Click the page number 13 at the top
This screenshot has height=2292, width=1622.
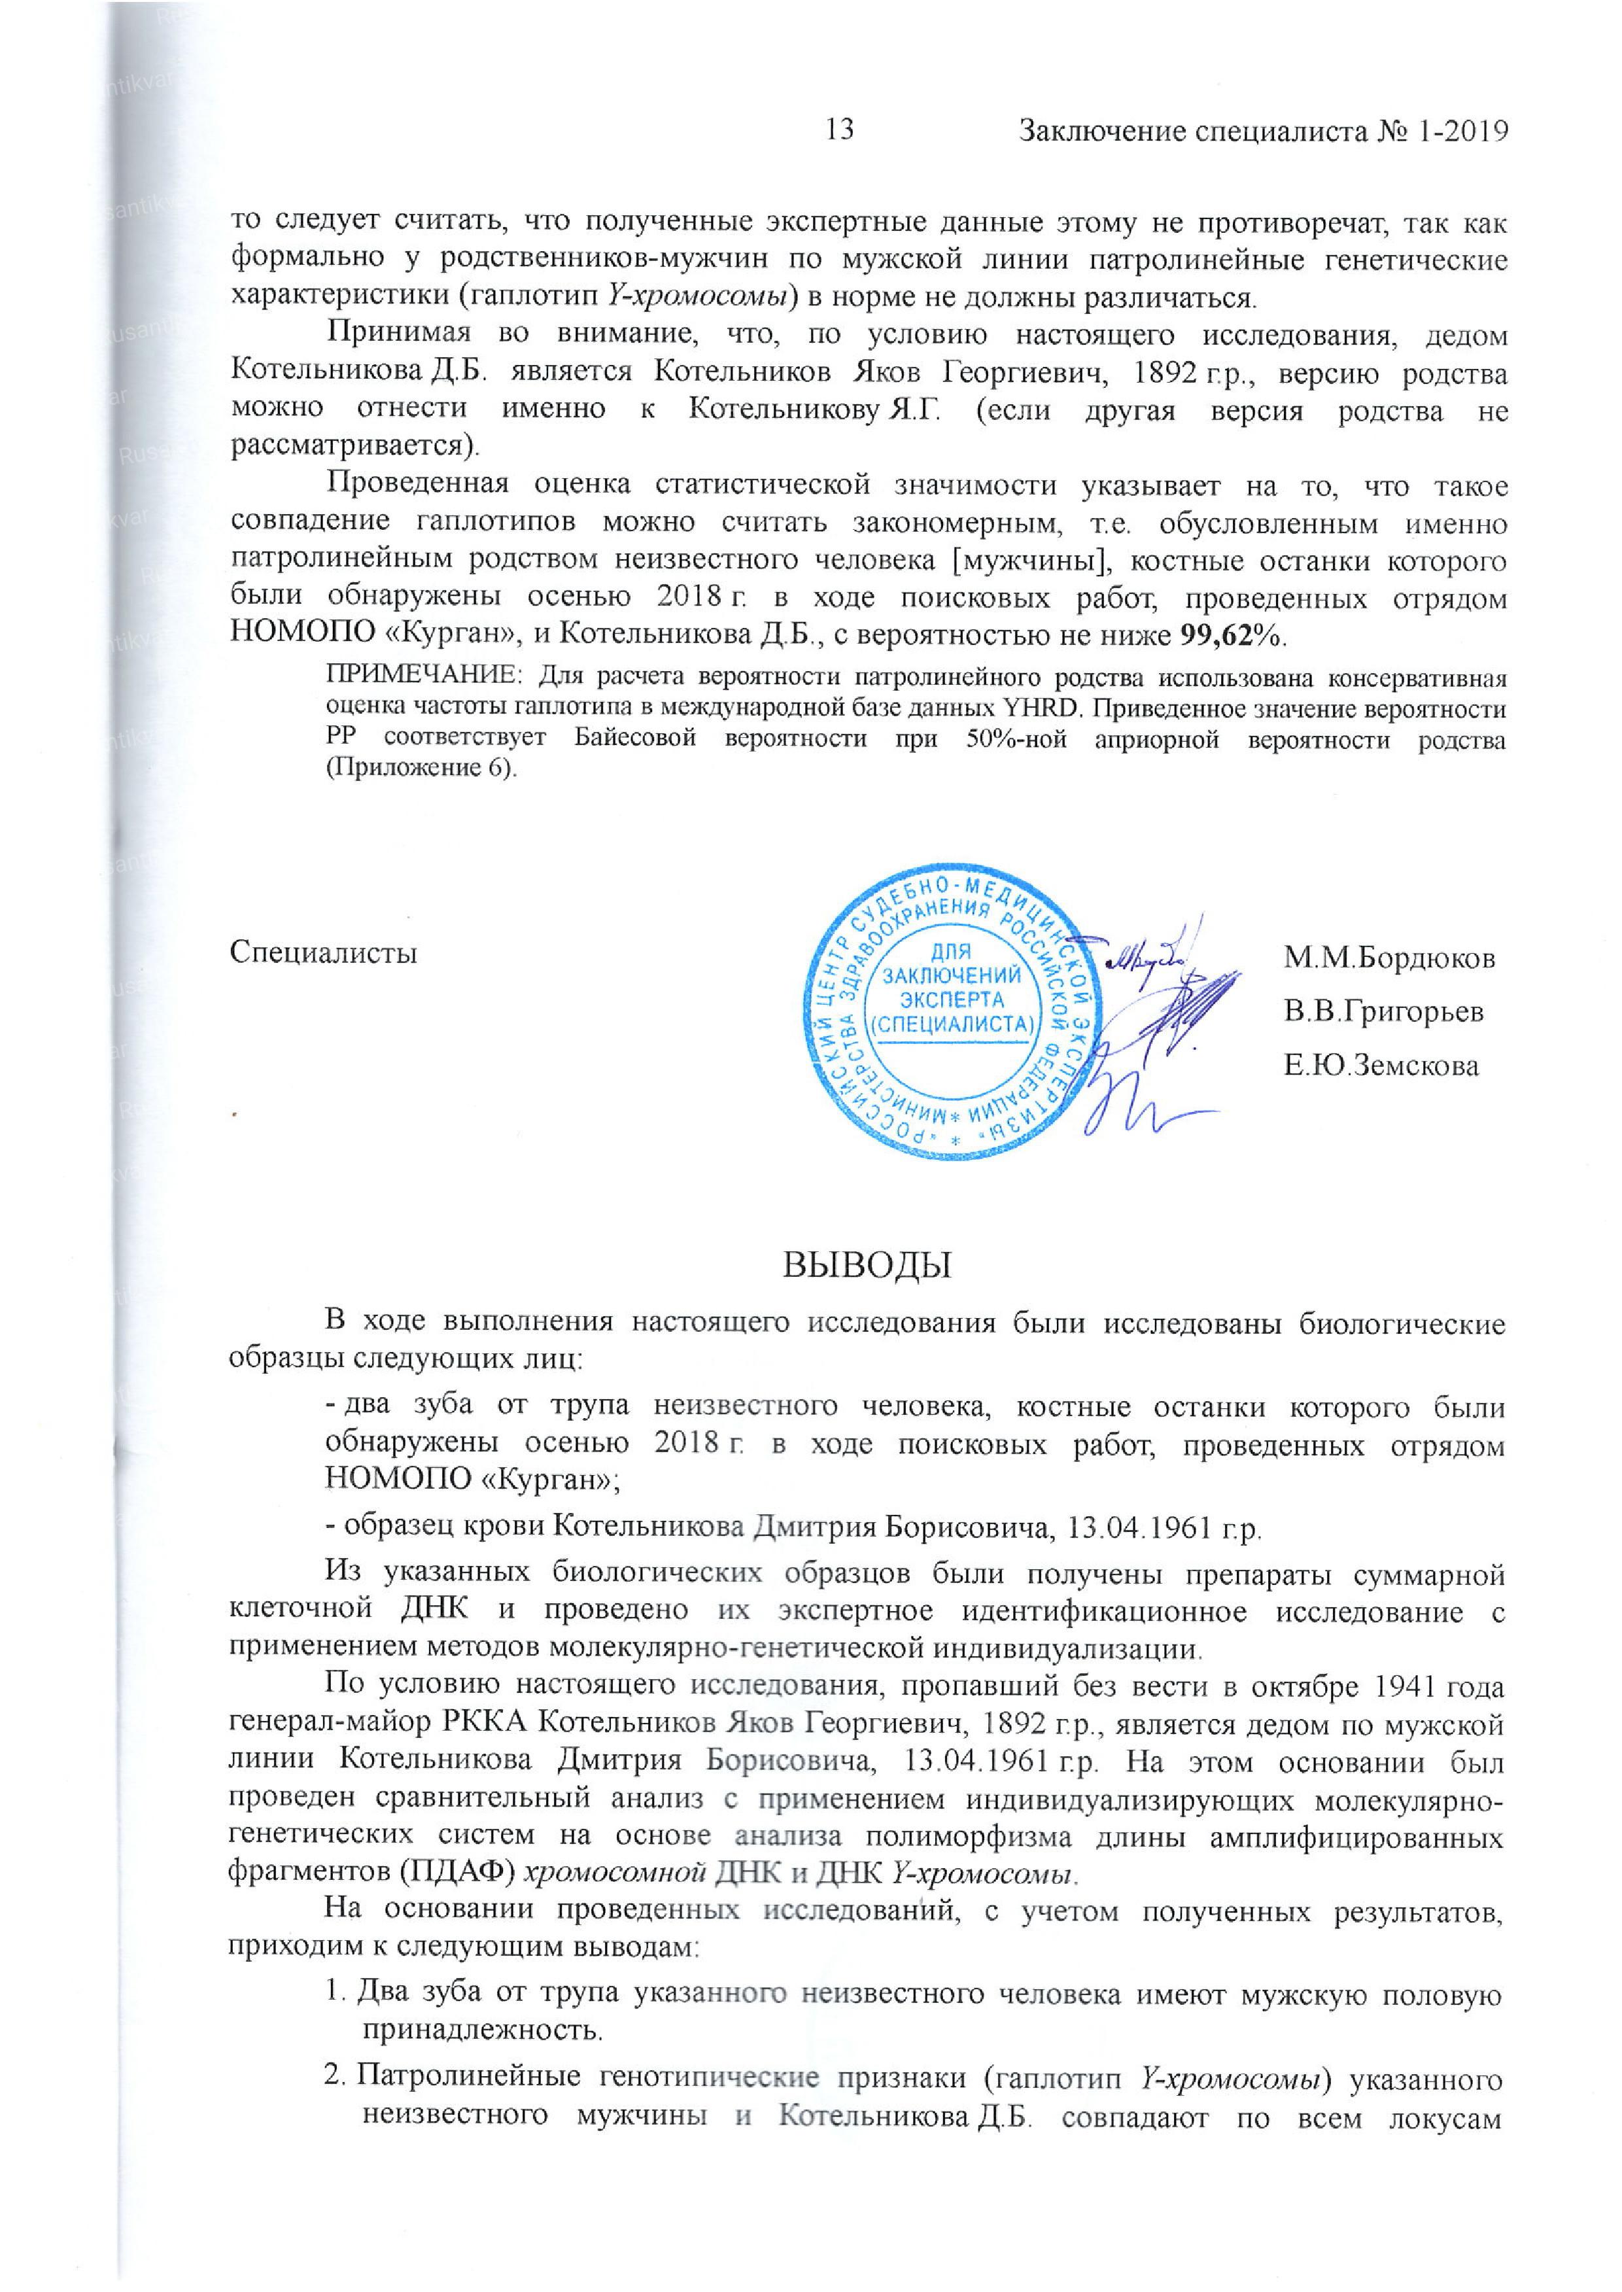point(841,130)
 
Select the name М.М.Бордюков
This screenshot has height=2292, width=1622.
point(1389,959)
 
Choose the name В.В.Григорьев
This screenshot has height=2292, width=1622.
point(1383,1012)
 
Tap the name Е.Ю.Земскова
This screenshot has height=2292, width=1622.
point(1380,1066)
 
